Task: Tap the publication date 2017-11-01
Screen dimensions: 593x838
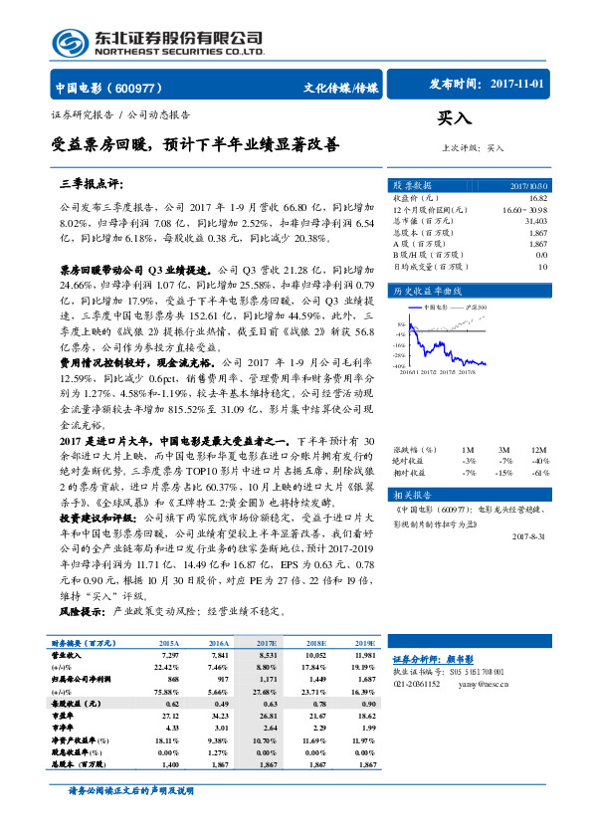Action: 517,86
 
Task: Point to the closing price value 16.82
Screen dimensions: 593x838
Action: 539,198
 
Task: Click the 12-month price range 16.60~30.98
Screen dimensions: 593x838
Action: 524,209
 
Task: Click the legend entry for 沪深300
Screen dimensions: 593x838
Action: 472,308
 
